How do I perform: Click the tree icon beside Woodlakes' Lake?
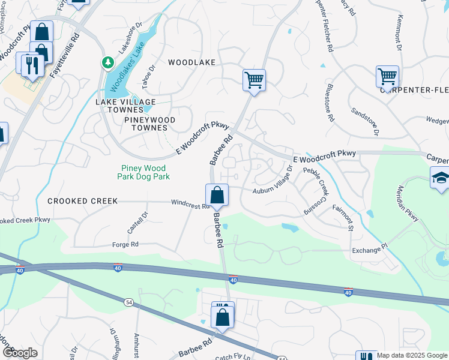(x=107, y=62)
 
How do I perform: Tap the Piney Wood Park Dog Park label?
(x=145, y=172)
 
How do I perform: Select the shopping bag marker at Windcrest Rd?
(x=217, y=196)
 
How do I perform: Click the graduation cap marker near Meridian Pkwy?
(x=440, y=178)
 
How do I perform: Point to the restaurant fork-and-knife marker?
(x=32, y=65)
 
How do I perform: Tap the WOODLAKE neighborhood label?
(x=191, y=62)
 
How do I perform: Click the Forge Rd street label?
(x=125, y=244)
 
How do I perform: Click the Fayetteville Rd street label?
(x=65, y=53)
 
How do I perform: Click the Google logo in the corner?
(x=20, y=353)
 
